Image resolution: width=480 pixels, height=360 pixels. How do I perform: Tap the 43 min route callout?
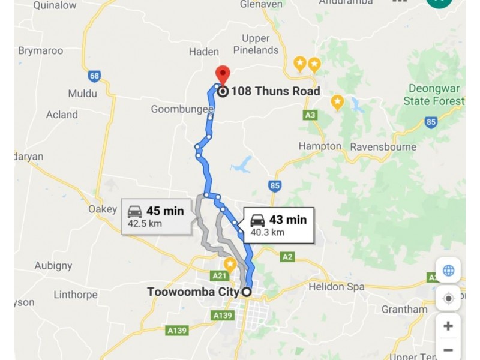click(279, 226)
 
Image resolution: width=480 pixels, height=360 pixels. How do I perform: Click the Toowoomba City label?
click(193, 292)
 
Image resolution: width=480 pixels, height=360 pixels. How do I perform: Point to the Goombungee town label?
click(182, 109)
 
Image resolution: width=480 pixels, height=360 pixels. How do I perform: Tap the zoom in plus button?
click(448, 326)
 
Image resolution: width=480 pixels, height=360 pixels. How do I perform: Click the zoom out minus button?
click(448, 349)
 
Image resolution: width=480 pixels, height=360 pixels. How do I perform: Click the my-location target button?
click(448, 298)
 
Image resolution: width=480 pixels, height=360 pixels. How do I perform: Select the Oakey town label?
click(102, 209)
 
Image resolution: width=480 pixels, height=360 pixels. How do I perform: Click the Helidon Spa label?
click(337, 287)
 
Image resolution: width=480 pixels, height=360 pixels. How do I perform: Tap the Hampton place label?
click(320, 146)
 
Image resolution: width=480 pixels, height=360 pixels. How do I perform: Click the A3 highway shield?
click(310, 115)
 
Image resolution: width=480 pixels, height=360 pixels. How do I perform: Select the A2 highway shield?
click(288, 257)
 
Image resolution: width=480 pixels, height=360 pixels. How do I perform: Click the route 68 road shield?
click(94, 76)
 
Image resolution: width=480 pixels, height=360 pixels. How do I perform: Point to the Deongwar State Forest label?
click(433, 94)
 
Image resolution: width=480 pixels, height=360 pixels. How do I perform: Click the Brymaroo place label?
click(40, 50)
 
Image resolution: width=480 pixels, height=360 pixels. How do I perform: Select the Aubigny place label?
click(53, 265)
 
